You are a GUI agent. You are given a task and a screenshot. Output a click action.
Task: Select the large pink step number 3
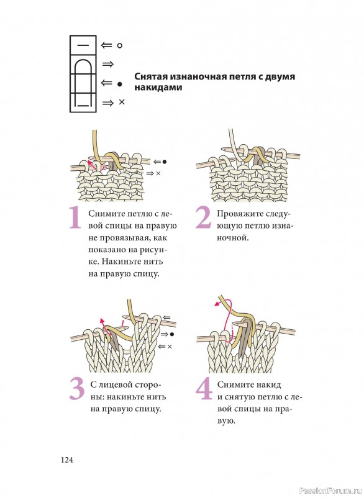[77, 389]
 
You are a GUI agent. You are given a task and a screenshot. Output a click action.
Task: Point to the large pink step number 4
[204, 389]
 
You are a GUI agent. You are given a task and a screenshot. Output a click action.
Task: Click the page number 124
[67, 460]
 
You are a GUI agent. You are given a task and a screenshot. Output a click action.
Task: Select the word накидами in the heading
[158, 88]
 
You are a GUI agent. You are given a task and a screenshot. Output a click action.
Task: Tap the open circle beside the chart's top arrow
[119, 45]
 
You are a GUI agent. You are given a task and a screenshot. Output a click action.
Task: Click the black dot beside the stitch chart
[119, 84]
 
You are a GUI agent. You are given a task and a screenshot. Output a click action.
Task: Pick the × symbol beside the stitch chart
[122, 102]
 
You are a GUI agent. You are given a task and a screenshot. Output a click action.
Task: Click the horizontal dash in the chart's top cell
[83, 45]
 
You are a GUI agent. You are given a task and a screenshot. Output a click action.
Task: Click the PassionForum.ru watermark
[330, 491]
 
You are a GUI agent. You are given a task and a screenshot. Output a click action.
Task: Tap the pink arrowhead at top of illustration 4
[217, 304]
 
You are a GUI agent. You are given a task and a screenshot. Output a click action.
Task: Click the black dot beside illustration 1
[165, 162]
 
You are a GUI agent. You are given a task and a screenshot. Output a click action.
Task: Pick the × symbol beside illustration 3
[170, 347]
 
